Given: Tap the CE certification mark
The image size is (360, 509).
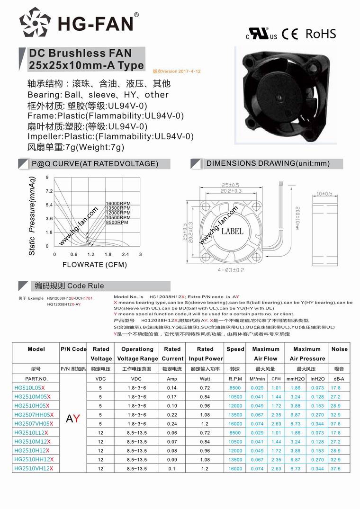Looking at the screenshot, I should coord(289,34).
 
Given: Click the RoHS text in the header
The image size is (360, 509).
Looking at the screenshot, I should coord(321,34).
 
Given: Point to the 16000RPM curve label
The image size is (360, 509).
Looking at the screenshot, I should coord(118,203).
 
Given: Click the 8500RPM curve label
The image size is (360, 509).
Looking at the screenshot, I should coord(117,222).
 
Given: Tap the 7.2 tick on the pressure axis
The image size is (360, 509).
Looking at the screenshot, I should coord(49,191).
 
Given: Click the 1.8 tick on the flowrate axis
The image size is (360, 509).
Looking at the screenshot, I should coord(108,255).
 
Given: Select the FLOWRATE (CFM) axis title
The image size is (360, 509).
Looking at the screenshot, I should coord(95,265).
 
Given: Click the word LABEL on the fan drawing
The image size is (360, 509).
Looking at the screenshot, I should coord(232,231).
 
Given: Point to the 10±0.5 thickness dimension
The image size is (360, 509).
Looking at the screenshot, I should coord(324,194).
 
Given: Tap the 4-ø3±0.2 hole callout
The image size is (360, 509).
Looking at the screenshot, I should coord(231,270).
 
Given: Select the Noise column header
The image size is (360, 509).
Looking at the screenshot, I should coord(339,349).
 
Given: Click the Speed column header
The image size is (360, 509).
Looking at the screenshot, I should coord(235,349).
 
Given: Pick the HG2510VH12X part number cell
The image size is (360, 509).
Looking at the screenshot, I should coord(34,468).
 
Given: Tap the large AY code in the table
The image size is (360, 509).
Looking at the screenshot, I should coord(73,419).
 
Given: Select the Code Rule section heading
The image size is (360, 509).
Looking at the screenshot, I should coord(69,286).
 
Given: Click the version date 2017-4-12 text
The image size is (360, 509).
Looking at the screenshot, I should coord(177,71).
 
